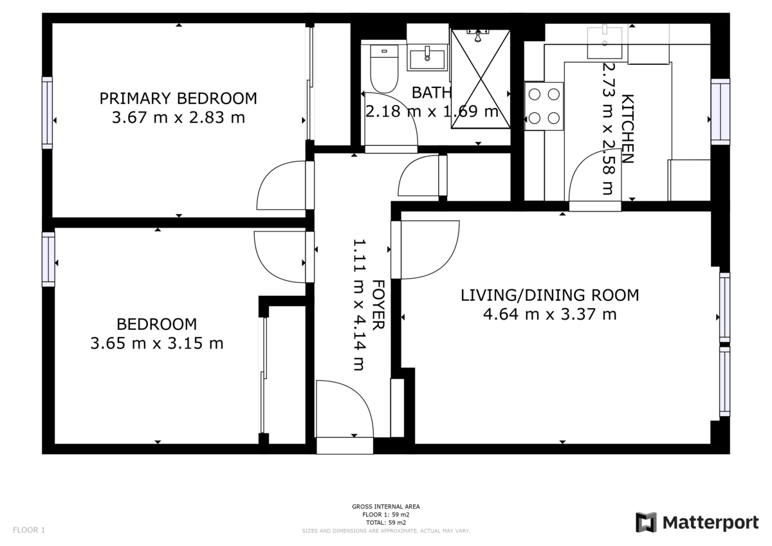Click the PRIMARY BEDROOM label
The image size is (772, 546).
click(x=178, y=98)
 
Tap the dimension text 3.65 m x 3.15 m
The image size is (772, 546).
click(x=157, y=343)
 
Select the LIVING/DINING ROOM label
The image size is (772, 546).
click(x=549, y=295)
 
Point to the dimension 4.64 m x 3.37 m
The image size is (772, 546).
click(x=549, y=314)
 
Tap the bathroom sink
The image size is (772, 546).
click(x=427, y=57)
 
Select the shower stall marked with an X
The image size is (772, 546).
click(x=480, y=78)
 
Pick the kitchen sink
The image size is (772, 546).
click(x=605, y=40)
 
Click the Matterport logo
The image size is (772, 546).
click(x=697, y=523)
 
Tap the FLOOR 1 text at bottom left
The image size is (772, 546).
click(x=29, y=531)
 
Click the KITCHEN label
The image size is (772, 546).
click(x=627, y=129)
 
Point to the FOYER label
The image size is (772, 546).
click(x=378, y=305)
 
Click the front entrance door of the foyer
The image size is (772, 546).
click(x=344, y=412)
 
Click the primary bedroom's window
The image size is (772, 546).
click(x=47, y=113)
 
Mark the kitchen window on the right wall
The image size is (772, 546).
click(x=721, y=111)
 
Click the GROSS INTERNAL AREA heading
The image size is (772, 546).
click(x=386, y=507)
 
